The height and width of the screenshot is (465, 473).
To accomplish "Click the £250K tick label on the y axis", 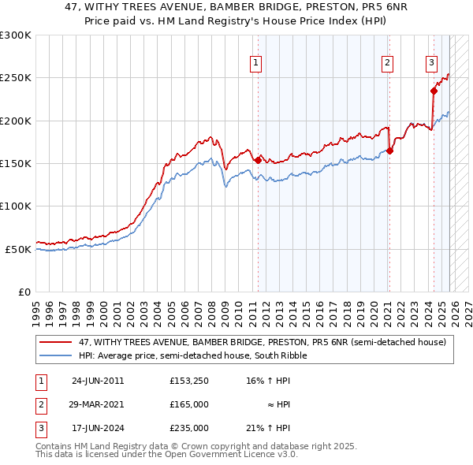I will [15, 78].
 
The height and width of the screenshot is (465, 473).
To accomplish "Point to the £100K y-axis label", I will [15, 206].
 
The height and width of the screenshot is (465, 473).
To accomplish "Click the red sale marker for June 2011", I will [258, 161].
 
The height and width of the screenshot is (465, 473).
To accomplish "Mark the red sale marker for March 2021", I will [389, 151].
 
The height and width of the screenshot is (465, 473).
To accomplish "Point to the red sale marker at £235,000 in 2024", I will [433, 91].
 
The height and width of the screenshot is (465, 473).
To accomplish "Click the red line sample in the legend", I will [56, 343].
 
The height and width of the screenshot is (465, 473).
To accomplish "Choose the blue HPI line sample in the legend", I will [56, 355].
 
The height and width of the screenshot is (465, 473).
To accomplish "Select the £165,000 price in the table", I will [189, 404].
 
